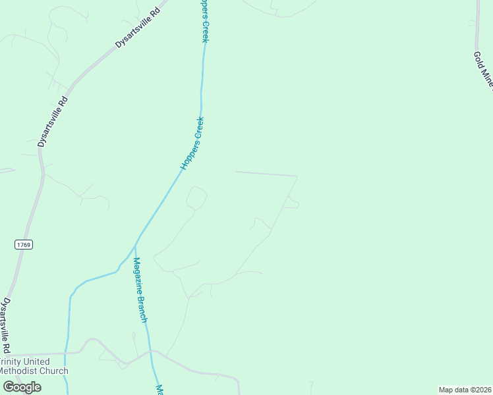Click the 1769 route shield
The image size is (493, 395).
click(x=22, y=244)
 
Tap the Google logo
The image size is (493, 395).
click(x=22, y=387)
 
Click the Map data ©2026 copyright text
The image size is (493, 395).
click(x=465, y=390)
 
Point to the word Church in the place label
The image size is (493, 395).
click(x=54, y=371)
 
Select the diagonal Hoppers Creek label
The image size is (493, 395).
click(x=193, y=144)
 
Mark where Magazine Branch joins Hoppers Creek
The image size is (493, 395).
click(x=134, y=245)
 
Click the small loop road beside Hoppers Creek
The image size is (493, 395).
click(x=196, y=197)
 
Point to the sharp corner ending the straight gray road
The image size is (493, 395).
click(x=297, y=176)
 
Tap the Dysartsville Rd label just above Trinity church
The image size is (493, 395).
click(x=6, y=325)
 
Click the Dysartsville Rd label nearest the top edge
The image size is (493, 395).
click(x=138, y=25)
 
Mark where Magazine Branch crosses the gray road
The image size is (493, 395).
click(x=151, y=352)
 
